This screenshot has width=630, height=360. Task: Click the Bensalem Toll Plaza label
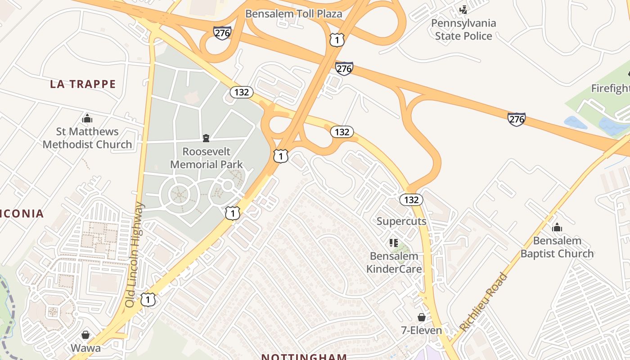point(293,13)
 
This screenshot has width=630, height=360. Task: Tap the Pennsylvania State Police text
point(463,29)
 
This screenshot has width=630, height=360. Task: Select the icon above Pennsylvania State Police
point(463,9)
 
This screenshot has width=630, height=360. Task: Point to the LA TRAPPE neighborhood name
point(83,84)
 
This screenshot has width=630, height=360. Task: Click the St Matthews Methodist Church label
point(87,138)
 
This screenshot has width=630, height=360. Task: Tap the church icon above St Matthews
point(87,119)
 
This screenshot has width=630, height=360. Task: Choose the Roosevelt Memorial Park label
point(207,158)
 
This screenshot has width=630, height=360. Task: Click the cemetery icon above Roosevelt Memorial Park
point(206,138)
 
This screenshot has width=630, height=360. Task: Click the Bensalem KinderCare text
point(394,262)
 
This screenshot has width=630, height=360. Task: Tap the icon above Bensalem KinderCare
point(394,243)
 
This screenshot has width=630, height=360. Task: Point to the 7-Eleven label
point(421,330)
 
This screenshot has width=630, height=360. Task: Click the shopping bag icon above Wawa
point(85,335)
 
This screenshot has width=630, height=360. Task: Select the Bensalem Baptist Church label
point(557,247)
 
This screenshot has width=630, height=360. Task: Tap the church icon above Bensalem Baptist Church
point(557,228)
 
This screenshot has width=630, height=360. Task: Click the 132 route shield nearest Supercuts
point(411,199)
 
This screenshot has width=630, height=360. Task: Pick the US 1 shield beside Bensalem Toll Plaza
point(337,40)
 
